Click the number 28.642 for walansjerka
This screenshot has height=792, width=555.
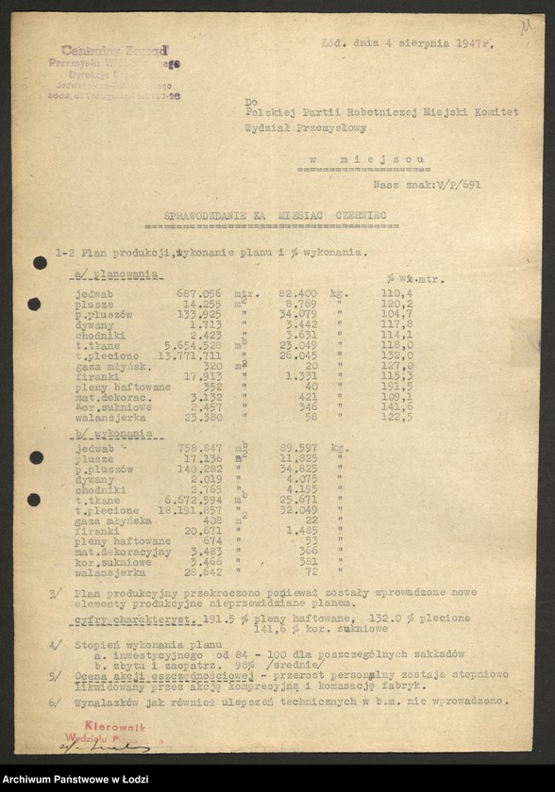pos(201,572)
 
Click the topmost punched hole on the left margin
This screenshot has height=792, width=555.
pos(41,263)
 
